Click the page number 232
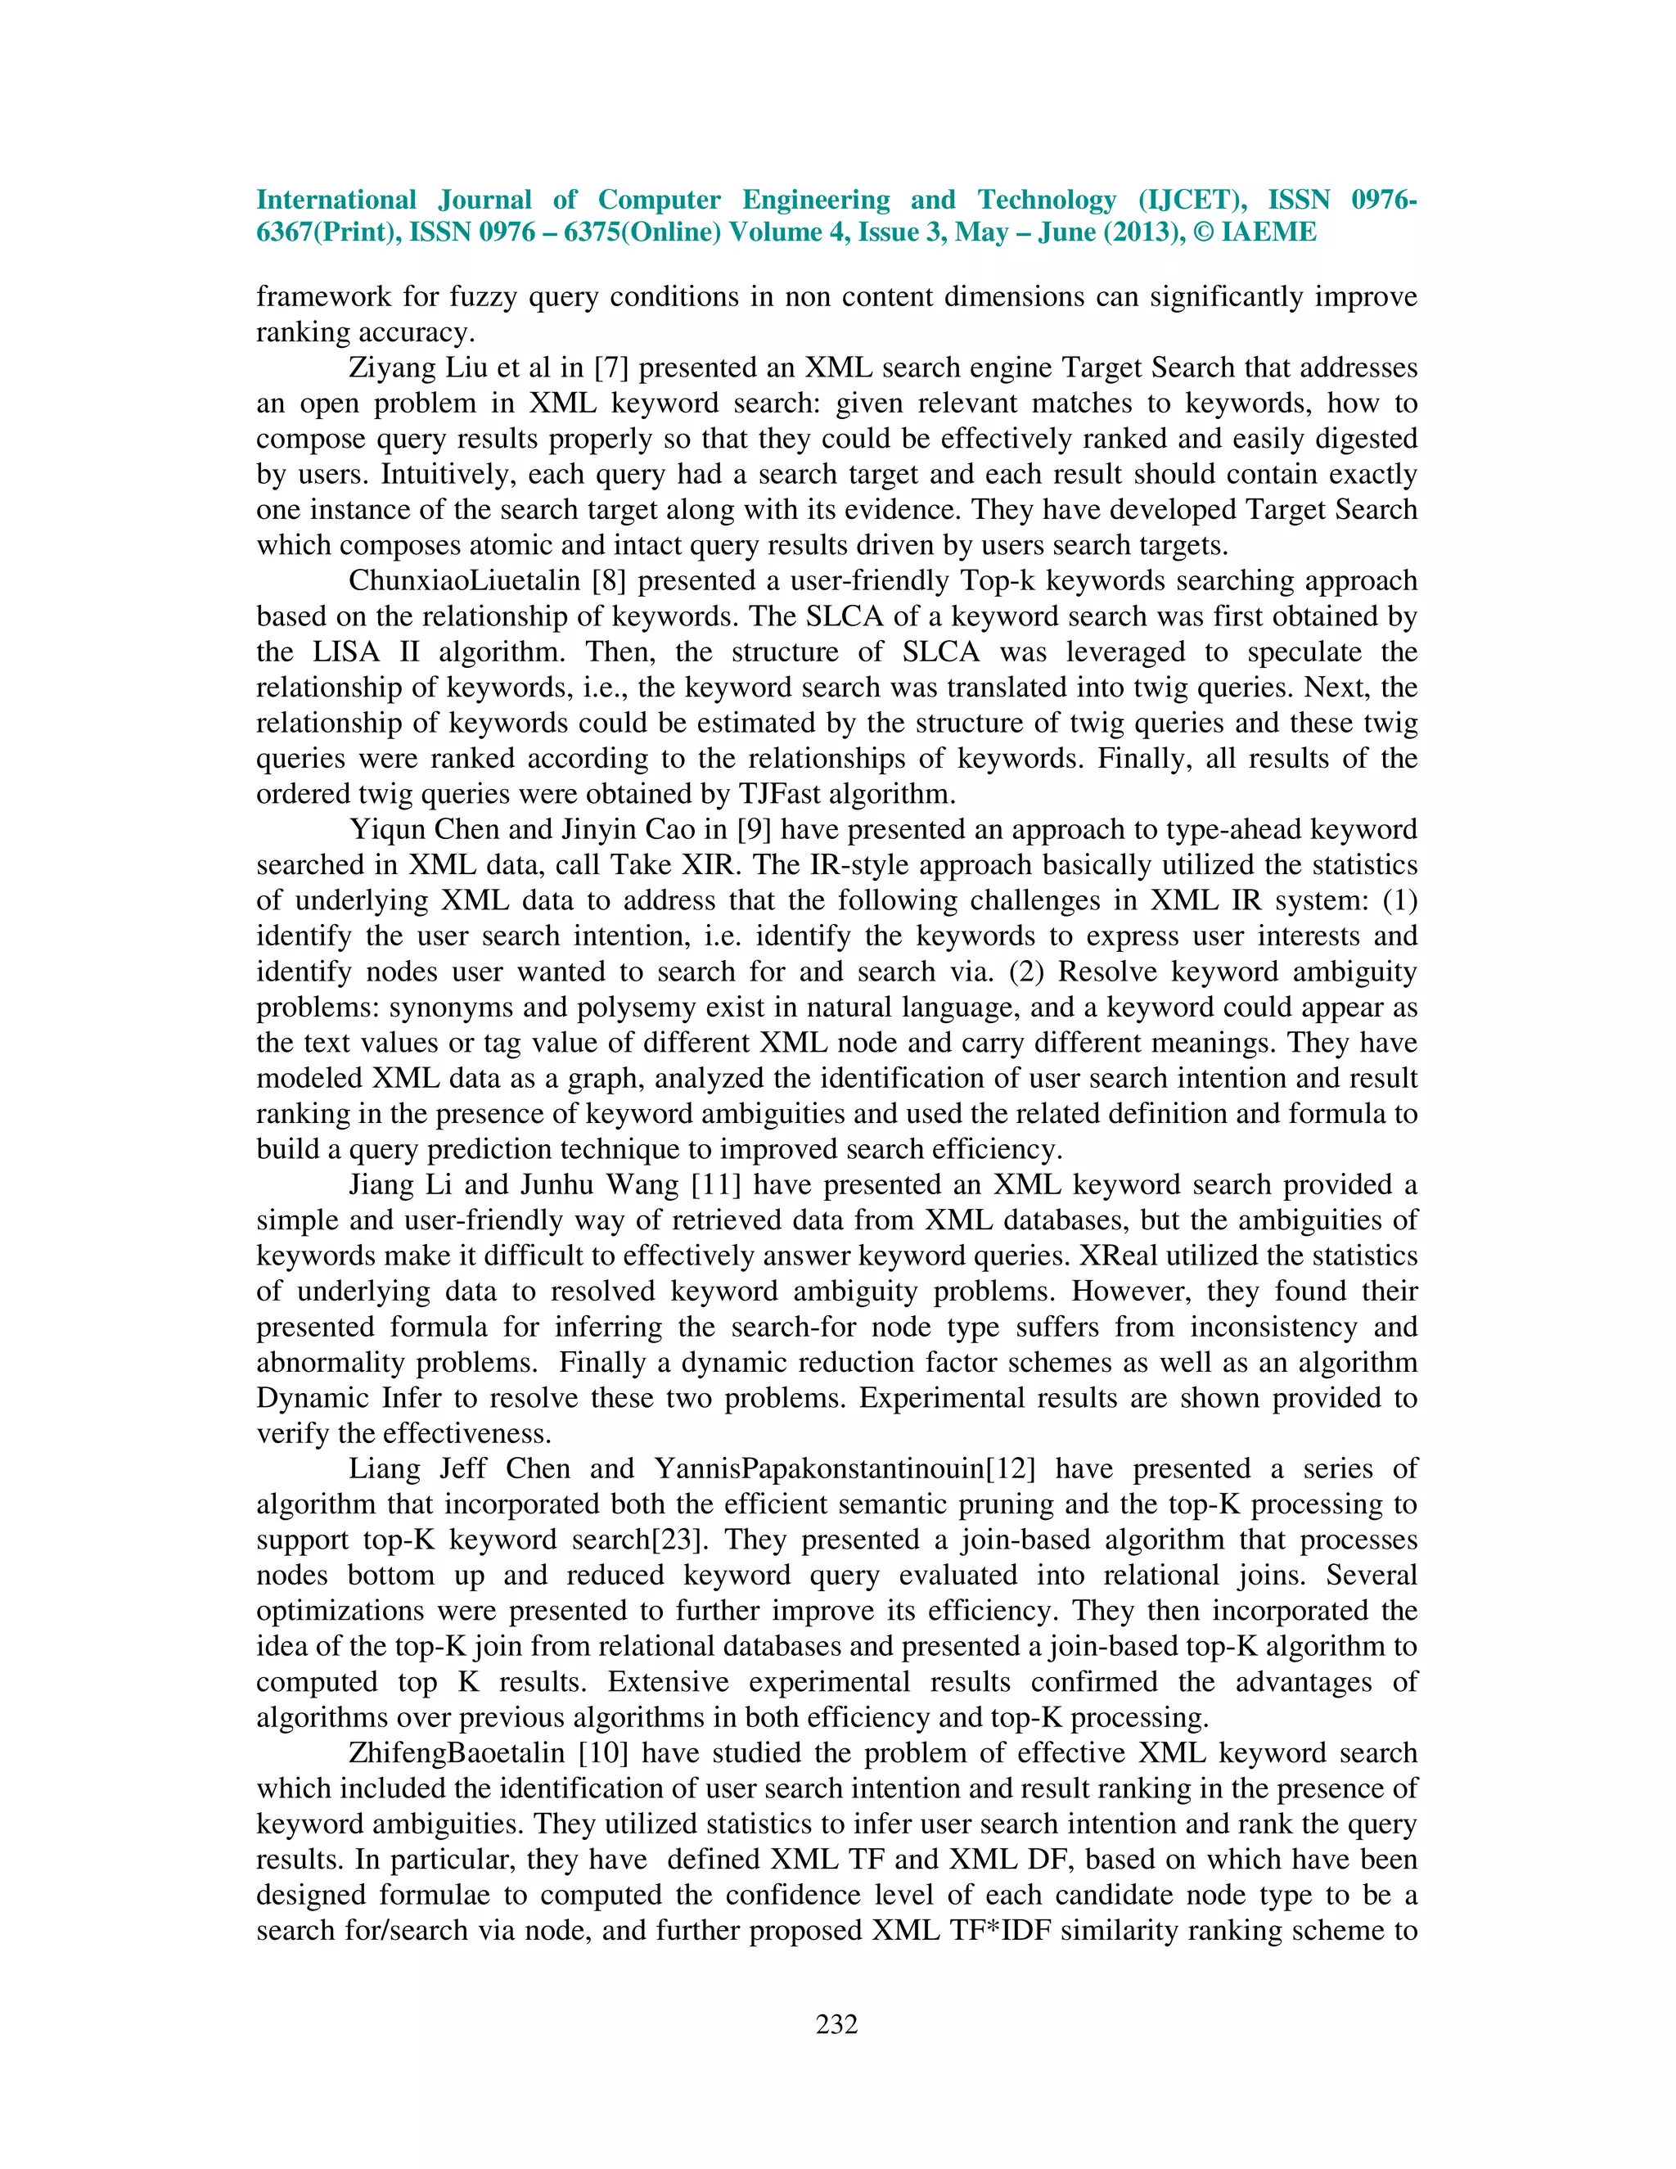pos(837,2024)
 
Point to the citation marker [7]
pos(610,368)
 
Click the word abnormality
pos(331,1363)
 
